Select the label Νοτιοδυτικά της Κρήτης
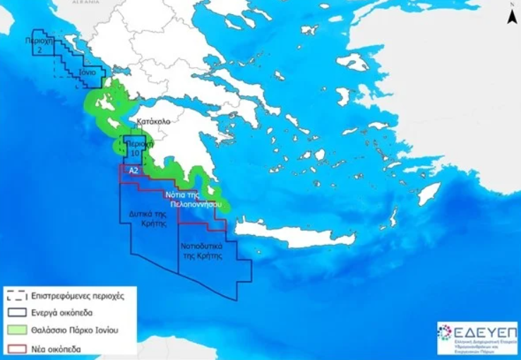(202, 252)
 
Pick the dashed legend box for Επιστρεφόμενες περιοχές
(17, 296)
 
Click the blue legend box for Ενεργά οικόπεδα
(17, 313)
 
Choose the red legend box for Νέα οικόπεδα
(17, 348)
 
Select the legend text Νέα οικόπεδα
(55, 348)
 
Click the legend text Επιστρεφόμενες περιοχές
(77, 296)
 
